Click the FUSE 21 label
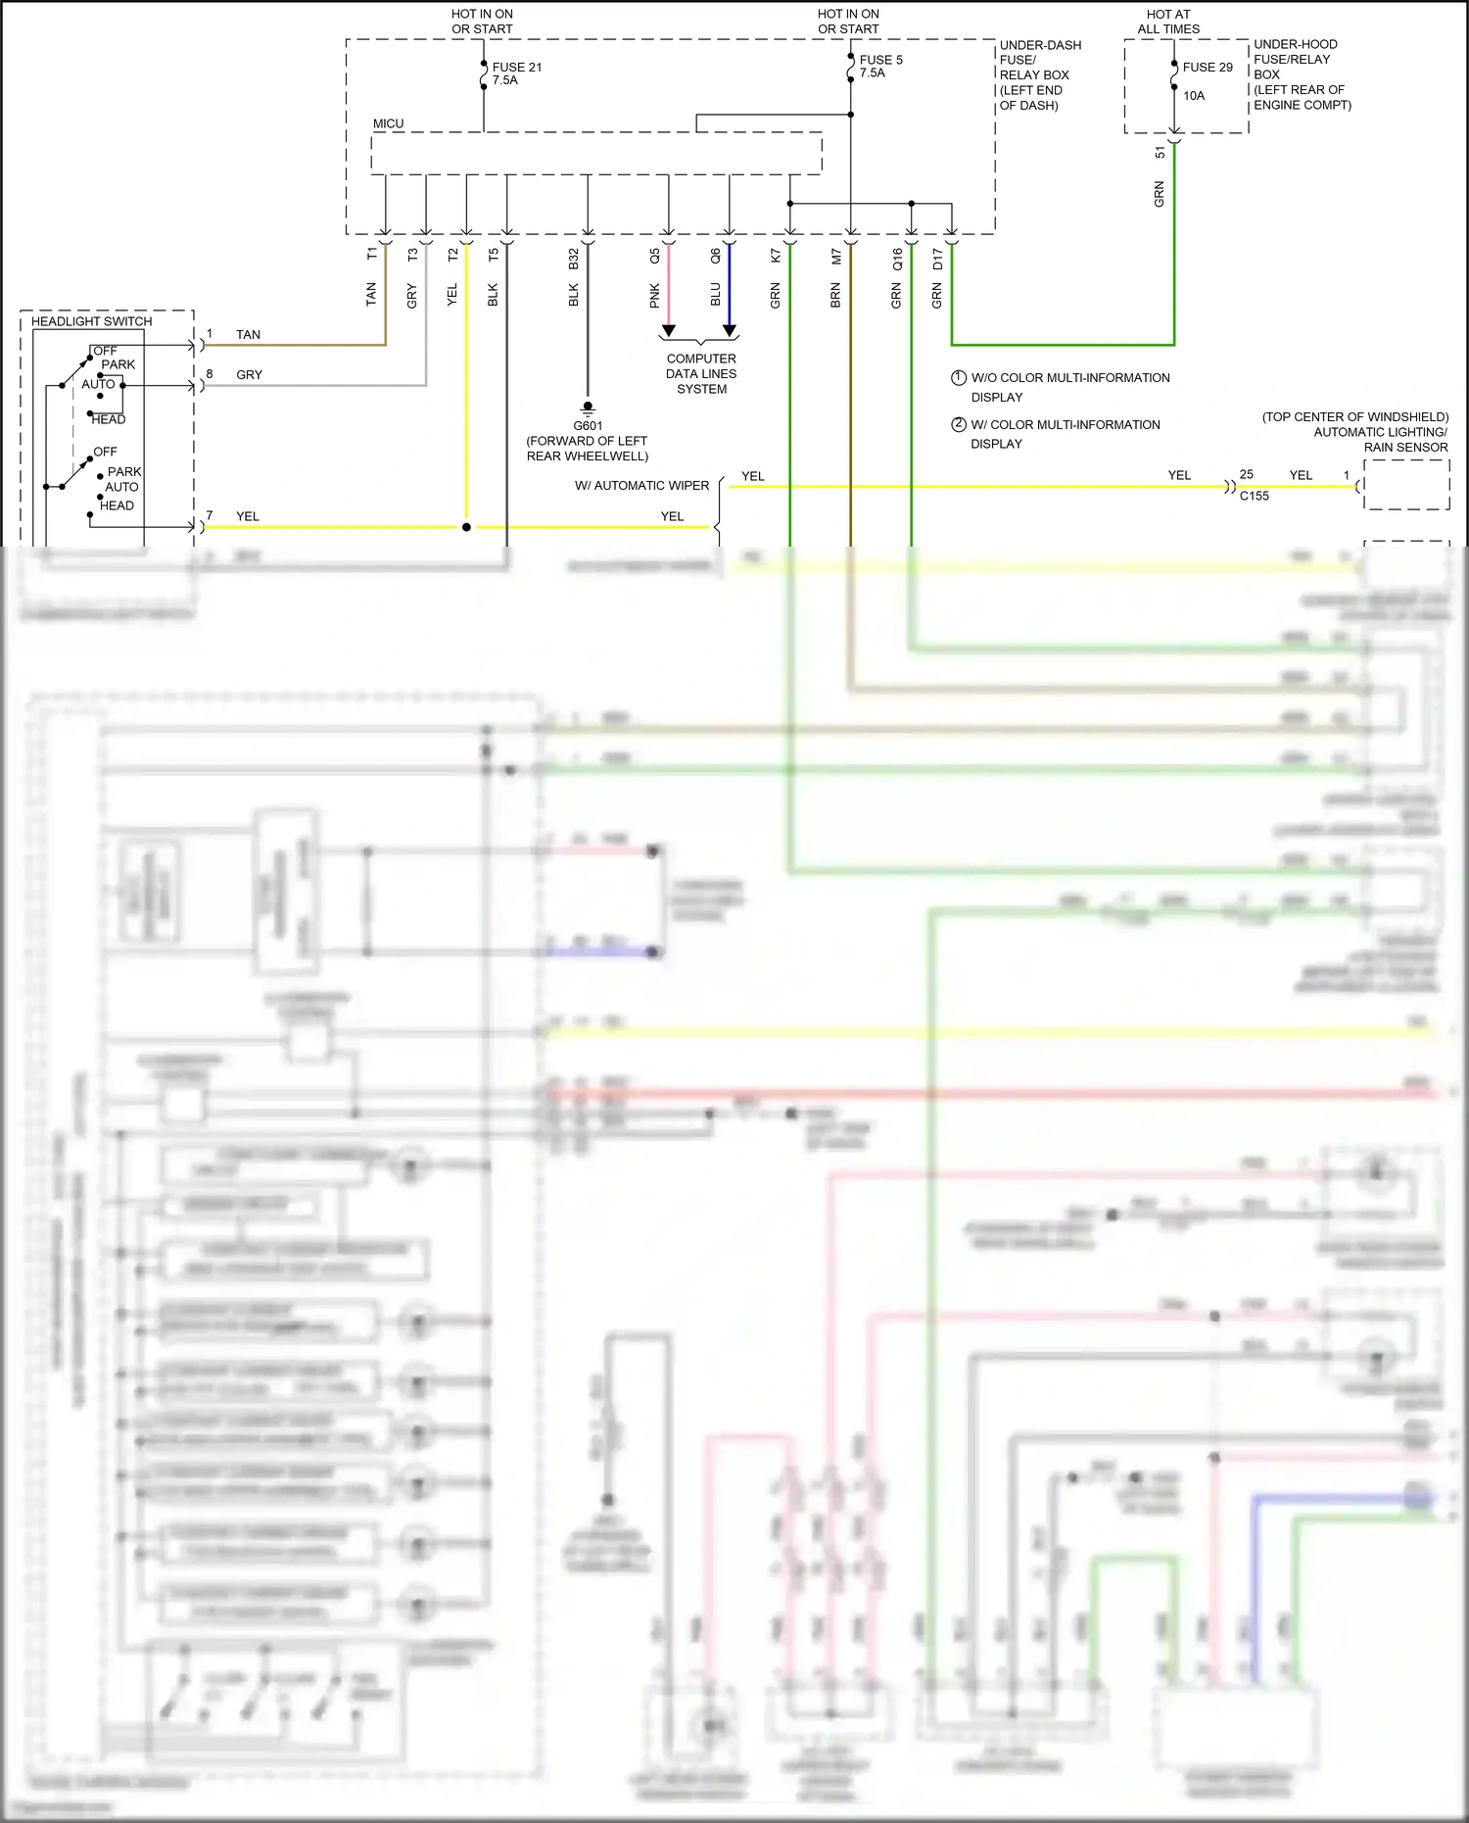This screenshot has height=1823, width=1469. click(516, 68)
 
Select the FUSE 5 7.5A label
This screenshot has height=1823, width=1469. click(879, 66)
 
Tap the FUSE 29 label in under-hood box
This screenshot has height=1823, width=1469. click(1207, 68)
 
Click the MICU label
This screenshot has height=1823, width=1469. click(388, 123)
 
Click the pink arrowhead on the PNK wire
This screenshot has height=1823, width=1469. click(668, 331)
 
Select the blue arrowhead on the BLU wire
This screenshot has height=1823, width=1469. click(730, 331)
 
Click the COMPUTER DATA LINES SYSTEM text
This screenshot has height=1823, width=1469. click(701, 373)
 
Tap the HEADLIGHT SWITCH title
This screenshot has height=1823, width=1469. click(91, 321)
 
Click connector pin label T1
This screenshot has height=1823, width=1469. click(371, 254)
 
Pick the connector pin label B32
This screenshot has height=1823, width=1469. click(574, 258)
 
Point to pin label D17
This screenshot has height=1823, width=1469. click(937, 259)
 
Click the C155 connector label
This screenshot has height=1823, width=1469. click(1254, 496)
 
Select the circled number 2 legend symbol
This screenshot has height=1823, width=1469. click(959, 424)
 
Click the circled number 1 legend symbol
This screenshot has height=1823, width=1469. click(959, 377)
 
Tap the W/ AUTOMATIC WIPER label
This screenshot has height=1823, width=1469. click(641, 485)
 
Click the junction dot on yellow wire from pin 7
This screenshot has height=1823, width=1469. click(466, 527)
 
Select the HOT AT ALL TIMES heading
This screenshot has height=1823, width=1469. click(1168, 22)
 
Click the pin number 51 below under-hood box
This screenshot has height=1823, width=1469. click(1161, 152)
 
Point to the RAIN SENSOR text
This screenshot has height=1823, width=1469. click(1405, 447)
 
